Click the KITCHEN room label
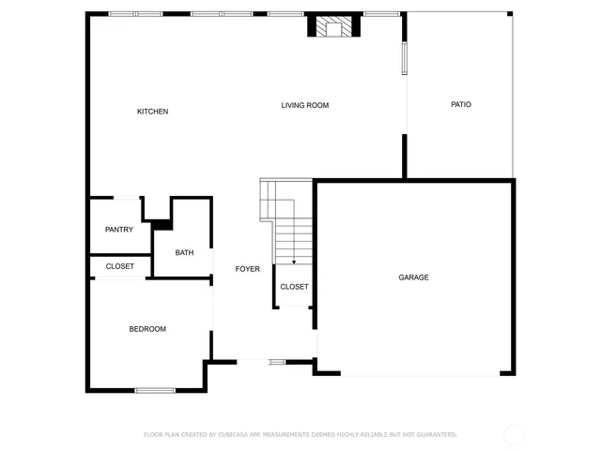[153, 112]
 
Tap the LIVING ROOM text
[305, 105]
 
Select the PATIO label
[460, 104]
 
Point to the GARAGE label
[413, 277]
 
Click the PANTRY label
[119, 230]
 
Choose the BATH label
[184, 252]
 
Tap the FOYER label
[247, 269]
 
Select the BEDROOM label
[147, 329]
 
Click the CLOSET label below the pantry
[119, 266]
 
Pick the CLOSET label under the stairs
[294, 287]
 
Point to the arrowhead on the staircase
[294, 262]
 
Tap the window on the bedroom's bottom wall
[155, 390]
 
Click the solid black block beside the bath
[162, 224]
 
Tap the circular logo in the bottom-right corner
[513, 434]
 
